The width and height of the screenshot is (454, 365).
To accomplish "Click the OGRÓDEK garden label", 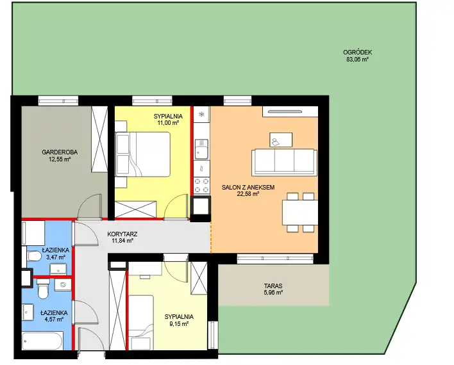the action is click(357, 53).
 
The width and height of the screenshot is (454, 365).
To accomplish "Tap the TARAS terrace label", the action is click(273, 286).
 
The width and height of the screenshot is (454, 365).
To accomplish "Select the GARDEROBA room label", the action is click(60, 152).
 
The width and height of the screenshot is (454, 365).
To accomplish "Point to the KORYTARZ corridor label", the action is click(122, 234).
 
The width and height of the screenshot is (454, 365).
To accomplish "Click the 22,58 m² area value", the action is click(248, 194).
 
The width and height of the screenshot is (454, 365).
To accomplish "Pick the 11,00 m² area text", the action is click(168, 123).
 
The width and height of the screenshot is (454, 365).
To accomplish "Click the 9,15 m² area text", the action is click(179, 323).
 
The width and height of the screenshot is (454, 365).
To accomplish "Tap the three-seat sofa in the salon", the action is click(284, 162).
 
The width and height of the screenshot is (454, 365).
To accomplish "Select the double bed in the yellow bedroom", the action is click(142, 154).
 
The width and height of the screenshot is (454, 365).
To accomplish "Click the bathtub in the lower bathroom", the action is click(42, 341).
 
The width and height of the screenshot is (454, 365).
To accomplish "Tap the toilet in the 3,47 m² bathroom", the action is click(34, 255).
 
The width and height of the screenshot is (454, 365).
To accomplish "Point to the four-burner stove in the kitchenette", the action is click(201, 186).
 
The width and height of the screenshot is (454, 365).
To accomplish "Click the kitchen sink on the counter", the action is click(201, 149).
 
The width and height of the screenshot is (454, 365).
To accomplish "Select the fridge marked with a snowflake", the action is click(201, 114).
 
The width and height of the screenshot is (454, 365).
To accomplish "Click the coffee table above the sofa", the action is click(281, 140).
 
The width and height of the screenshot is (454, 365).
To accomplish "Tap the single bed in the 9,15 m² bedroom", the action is click(141, 322).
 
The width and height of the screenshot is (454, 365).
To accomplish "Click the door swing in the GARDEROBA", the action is click(90, 206).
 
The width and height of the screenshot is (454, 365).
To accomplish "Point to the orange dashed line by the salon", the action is click(210, 237).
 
